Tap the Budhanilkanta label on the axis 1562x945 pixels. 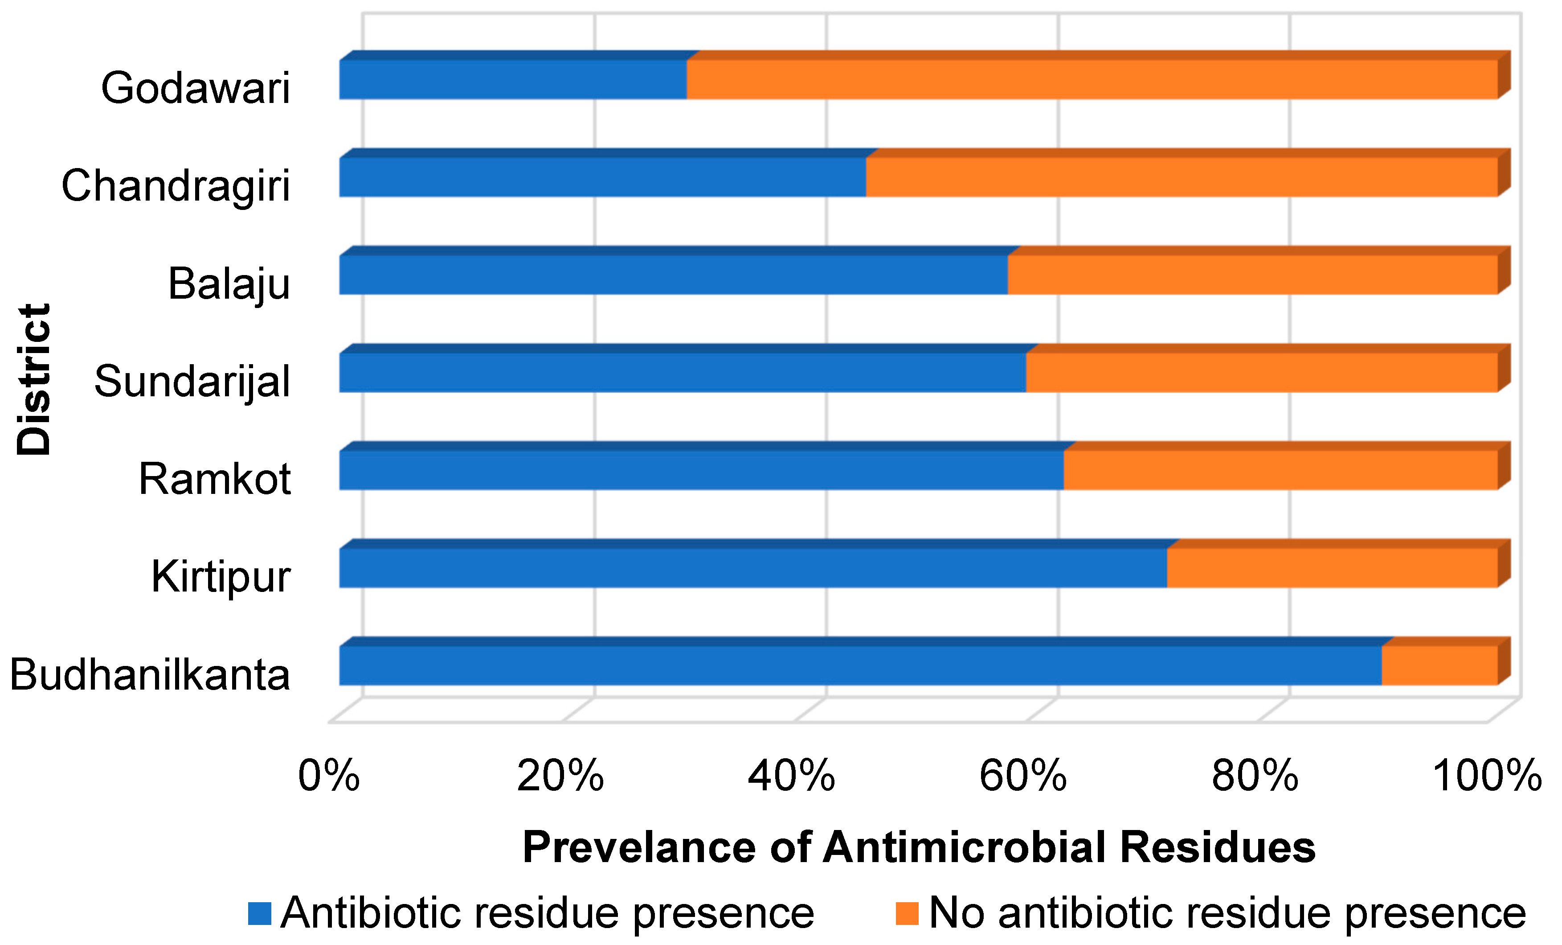[x=150, y=675]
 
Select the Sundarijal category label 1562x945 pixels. [x=192, y=382]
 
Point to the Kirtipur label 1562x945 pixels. [x=220, y=577]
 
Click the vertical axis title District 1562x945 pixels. [x=33, y=379]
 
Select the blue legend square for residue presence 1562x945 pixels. [x=259, y=914]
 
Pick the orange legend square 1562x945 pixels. [x=907, y=914]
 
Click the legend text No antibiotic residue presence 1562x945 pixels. [x=1227, y=913]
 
